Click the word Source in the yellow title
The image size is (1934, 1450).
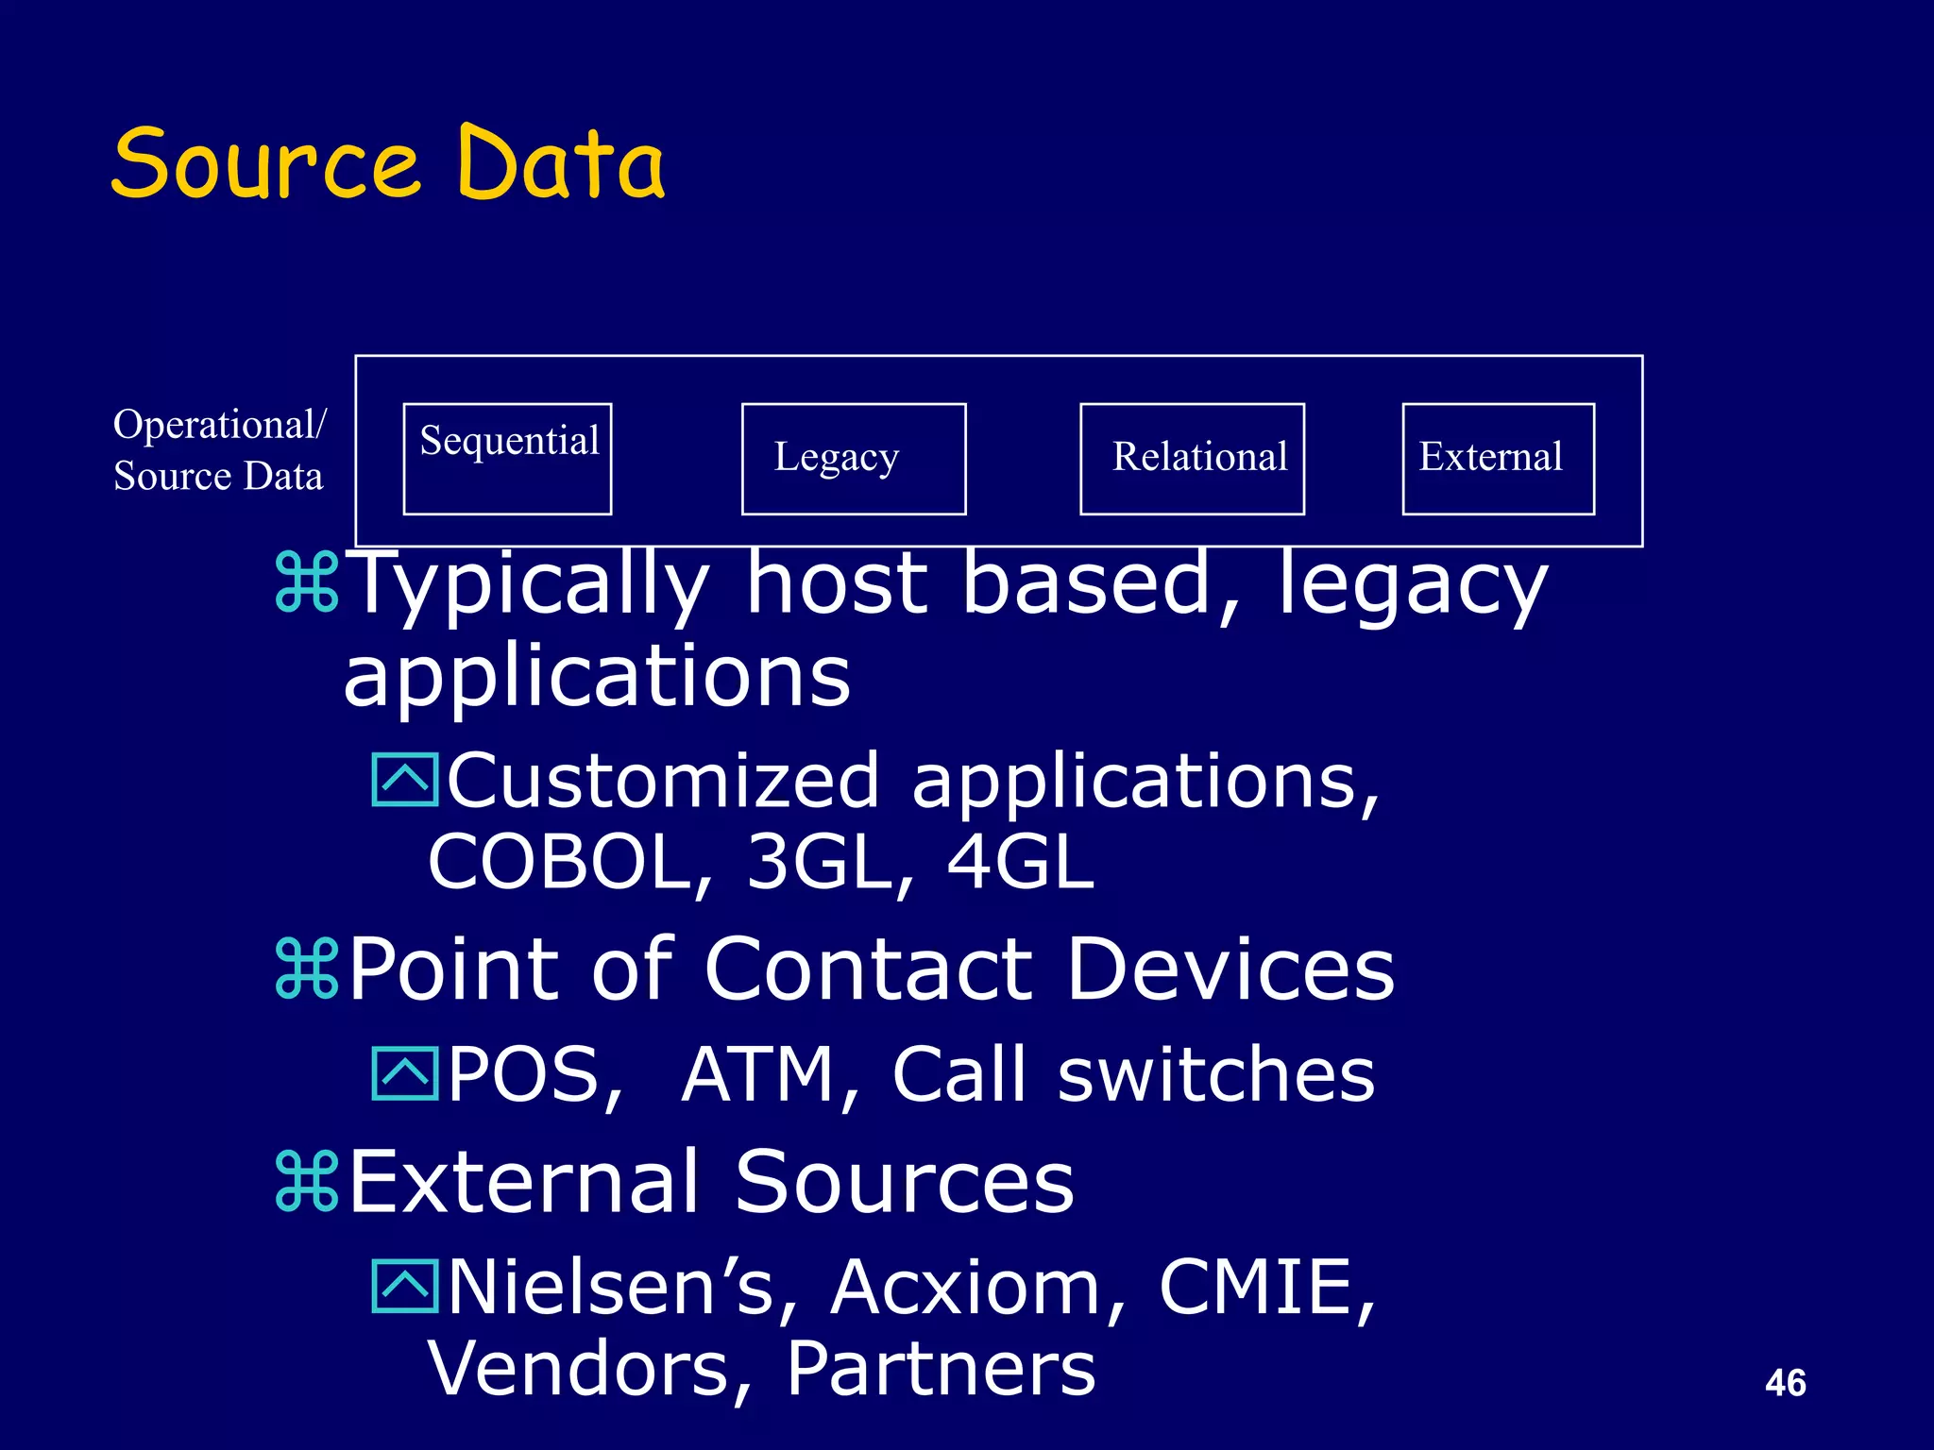tap(265, 164)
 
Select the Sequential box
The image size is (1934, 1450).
tap(507, 459)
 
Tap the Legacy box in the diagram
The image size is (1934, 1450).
tap(854, 459)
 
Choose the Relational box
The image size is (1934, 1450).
tap(1192, 459)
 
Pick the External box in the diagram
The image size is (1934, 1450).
tap(1498, 459)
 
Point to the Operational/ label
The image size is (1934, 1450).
tap(219, 425)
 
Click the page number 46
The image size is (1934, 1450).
tap(1785, 1383)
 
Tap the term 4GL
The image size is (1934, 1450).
tap(1020, 862)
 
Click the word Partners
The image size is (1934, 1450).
tap(941, 1369)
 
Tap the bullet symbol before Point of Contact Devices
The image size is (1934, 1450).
tap(307, 969)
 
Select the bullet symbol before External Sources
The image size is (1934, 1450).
tap(307, 1181)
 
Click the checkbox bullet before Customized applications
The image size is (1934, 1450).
tap(405, 780)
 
